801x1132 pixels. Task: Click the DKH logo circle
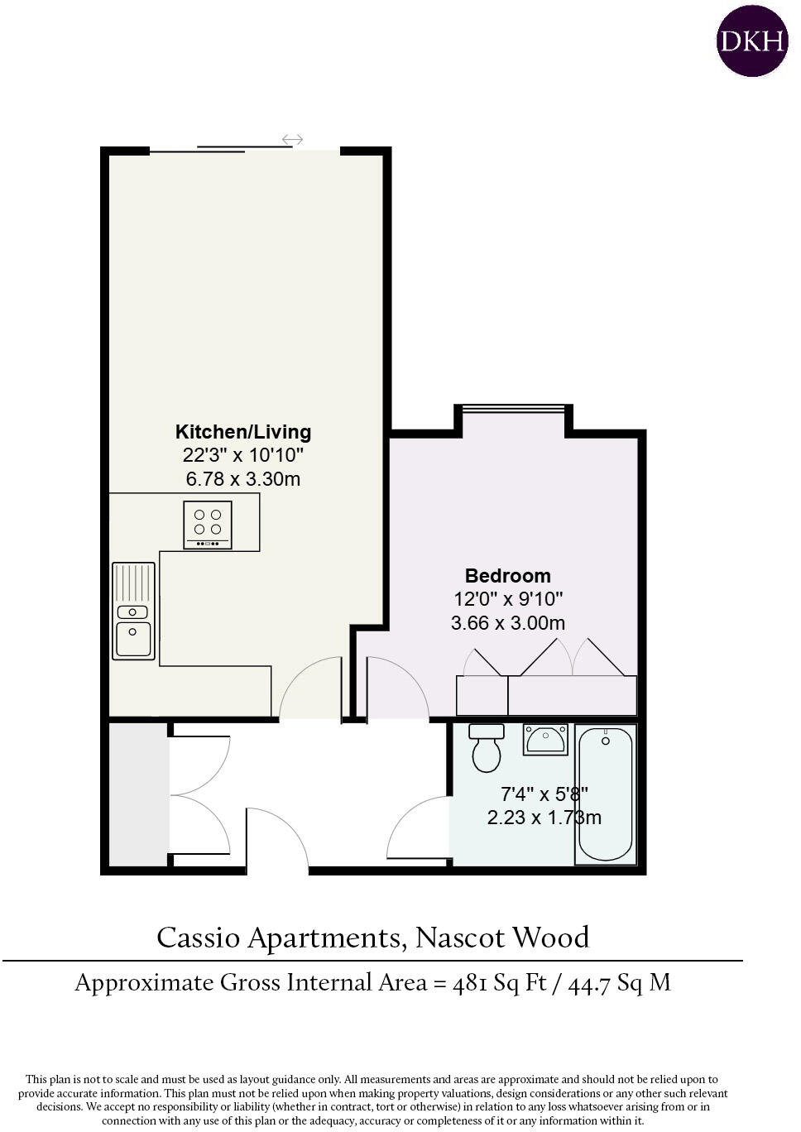point(752,41)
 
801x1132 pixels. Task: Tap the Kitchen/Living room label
point(243,432)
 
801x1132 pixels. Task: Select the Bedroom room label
point(508,576)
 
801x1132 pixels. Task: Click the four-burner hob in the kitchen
point(208,525)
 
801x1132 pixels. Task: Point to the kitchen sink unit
point(133,611)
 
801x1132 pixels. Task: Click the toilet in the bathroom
point(487,748)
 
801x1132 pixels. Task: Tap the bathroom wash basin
point(545,739)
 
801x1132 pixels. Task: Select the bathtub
point(606,794)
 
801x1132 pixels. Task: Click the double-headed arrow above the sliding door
point(293,139)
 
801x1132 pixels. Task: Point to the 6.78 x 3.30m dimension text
point(243,478)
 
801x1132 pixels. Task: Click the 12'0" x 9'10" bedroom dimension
point(508,599)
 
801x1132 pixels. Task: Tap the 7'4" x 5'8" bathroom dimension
point(544,794)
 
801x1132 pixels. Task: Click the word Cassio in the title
point(198,938)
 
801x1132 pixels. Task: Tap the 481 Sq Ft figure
point(500,983)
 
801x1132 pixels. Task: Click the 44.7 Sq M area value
point(620,983)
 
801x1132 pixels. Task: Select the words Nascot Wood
point(502,938)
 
